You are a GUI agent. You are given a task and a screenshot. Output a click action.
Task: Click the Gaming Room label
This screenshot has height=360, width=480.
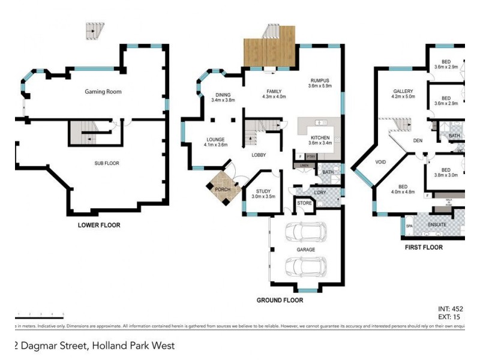[x=103, y=92]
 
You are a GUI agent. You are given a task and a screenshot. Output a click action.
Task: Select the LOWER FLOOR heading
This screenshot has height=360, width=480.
[x=99, y=226]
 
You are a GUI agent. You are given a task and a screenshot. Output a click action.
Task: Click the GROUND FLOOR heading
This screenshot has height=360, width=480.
[x=280, y=300]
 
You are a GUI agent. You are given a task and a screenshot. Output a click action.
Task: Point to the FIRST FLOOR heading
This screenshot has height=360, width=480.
[x=424, y=247]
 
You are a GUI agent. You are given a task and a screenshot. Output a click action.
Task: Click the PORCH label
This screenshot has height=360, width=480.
[x=223, y=190]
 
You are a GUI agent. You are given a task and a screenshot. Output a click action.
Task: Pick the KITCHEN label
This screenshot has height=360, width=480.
[x=320, y=140]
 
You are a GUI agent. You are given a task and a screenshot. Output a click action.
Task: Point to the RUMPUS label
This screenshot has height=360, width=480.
[x=319, y=83]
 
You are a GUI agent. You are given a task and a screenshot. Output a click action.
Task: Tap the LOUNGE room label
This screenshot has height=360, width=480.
[x=215, y=142]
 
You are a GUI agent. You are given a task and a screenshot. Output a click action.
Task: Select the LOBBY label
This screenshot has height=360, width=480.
[x=259, y=155]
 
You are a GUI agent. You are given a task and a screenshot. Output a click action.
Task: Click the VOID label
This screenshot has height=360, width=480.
[x=380, y=162]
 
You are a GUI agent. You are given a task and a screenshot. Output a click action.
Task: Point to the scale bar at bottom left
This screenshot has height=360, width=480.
[x=40, y=316]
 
